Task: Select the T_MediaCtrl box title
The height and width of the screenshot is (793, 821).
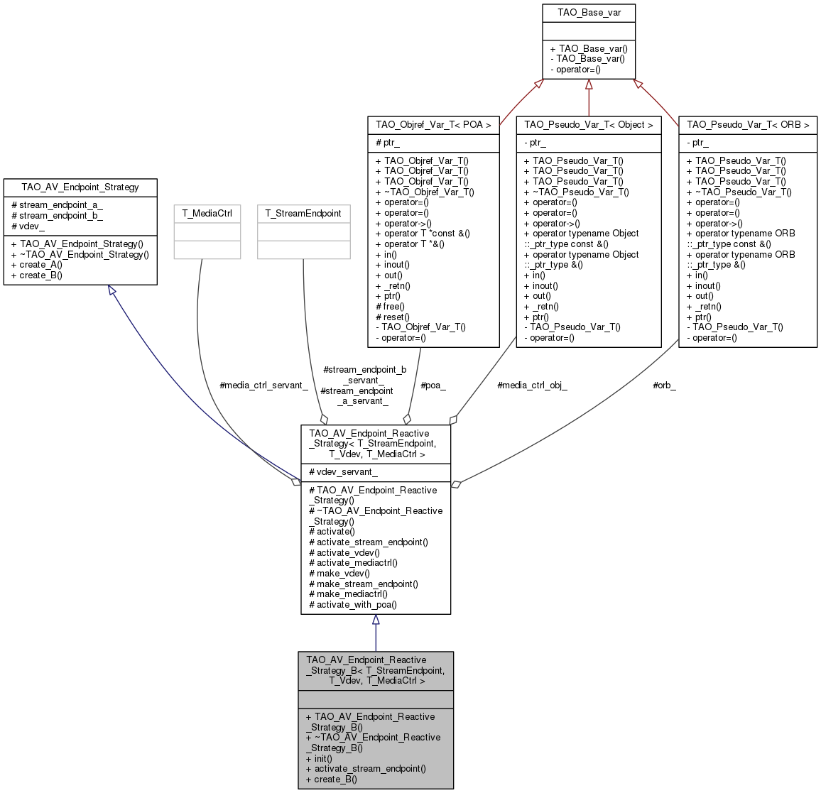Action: point(207,213)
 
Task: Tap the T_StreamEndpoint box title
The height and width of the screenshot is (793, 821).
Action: point(303,213)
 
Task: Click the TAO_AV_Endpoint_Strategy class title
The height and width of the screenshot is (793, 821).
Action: point(80,187)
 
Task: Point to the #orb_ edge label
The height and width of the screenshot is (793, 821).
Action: point(664,385)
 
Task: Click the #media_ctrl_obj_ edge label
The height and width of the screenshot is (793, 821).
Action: point(532,385)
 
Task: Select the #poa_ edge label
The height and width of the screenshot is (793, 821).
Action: point(433,385)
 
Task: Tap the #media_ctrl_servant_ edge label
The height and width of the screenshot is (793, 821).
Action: point(263,385)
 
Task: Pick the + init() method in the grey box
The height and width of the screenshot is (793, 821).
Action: point(319,758)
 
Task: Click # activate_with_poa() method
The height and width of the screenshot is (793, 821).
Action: point(353,604)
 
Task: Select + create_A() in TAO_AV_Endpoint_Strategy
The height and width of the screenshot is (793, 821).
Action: point(37,264)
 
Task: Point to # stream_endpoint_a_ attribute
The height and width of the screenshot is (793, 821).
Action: point(57,204)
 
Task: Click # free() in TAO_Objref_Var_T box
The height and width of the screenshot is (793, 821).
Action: point(390,307)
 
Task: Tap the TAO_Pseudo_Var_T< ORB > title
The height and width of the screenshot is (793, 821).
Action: point(748,124)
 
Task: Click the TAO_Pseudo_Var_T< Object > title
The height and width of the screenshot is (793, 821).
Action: point(589,124)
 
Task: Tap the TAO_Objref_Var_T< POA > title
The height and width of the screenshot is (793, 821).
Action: point(433,124)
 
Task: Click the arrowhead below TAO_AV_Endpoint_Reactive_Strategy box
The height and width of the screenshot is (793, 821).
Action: point(376,620)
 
